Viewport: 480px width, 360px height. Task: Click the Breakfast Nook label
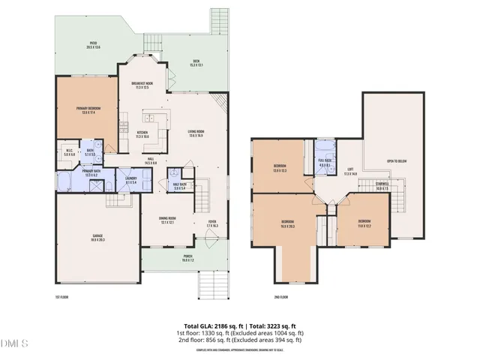(142, 85)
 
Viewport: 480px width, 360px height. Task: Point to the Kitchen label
(142, 134)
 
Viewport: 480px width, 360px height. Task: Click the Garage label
(97, 237)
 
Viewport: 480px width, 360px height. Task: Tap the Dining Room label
(166, 220)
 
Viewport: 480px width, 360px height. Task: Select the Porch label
(187, 259)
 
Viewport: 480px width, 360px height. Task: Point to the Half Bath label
(180, 186)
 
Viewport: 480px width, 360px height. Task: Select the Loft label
(349, 171)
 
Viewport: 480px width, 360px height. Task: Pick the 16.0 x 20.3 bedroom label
(288, 223)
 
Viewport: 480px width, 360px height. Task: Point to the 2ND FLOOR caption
(280, 298)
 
